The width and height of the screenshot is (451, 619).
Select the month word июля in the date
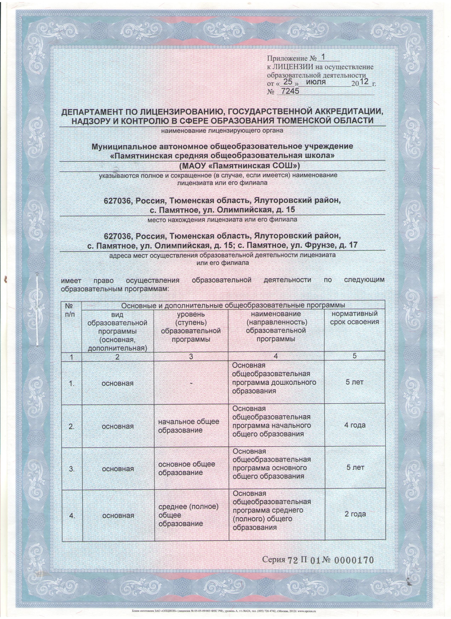(x=316, y=82)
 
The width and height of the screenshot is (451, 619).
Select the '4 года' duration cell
(x=355, y=425)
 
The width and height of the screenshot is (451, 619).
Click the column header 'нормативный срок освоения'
(x=354, y=318)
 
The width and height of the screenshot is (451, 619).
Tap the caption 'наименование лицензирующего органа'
(x=222, y=130)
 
